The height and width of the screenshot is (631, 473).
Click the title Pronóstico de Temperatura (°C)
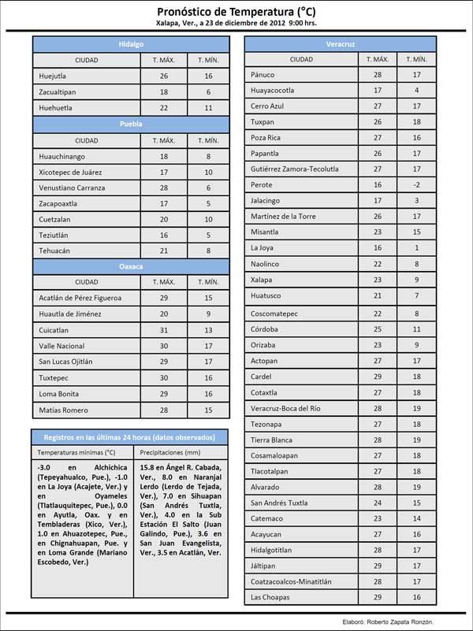pyautogui.click(x=236, y=12)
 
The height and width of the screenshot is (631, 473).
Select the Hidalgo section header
pyautogui.click(x=131, y=44)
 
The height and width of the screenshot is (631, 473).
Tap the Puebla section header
pyautogui.click(x=131, y=124)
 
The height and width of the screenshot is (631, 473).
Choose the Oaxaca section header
pyautogui.click(x=131, y=267)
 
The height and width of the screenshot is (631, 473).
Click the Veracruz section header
pyautogui.click(x=339, y=44)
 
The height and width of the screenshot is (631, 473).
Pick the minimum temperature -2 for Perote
pyautogui.click(x=417, y=185)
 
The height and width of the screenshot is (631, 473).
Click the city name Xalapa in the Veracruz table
pyautogui.click(x=262, y=280)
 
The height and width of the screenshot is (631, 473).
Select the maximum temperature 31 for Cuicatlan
pyautogui.click(x=164, y=330)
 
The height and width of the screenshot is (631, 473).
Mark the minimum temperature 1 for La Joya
pyautogui.click(x=417, y=248)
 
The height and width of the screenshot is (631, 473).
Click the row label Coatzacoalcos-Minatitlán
pyautogui.click(x=291, y=581)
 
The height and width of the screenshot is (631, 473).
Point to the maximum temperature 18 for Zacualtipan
pyautogui.click(x=164, y=91)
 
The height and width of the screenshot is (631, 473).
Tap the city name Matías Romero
pyautogui.click(x=61, y=410)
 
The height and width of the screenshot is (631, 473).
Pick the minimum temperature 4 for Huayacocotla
pyautogui.click(x=417, y=91)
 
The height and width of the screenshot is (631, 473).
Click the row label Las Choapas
pyautogui.click(x=270, y=597)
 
